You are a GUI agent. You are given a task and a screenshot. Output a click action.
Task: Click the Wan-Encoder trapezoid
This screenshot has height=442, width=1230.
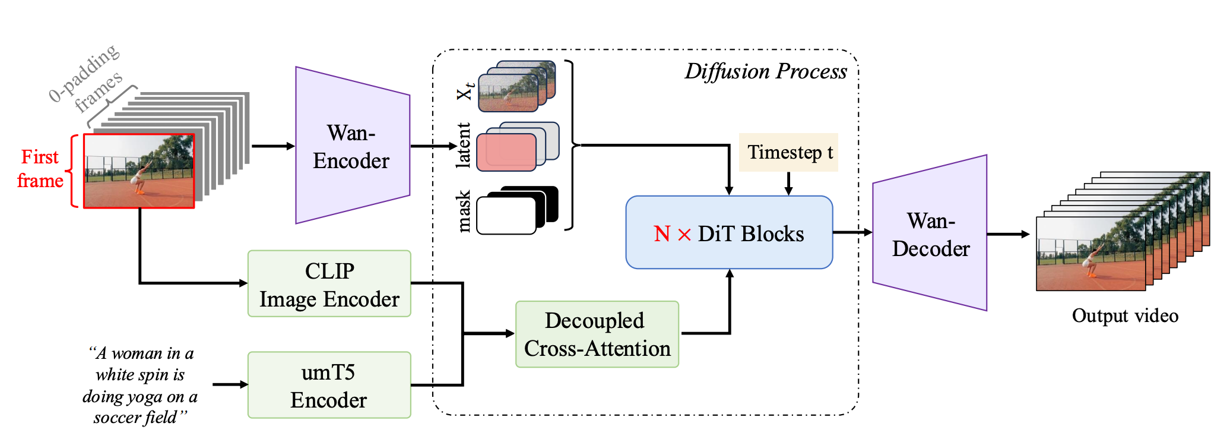pyautogui.click(x=353, y=146)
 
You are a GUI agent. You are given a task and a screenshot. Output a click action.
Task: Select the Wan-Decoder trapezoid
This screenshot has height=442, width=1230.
pyautogui.click(x=930, y=233)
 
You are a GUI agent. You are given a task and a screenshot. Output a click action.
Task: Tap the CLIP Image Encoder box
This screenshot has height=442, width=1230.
pyautogui.click(x=329, y=284)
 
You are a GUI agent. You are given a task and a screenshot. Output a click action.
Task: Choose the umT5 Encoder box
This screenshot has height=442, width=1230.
pyautogui.click(x=329, y=386)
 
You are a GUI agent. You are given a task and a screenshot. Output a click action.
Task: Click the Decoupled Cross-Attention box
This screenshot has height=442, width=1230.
pyautogui.click(x=597, y=334)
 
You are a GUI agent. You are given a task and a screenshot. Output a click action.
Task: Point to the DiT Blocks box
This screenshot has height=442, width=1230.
pyautogui.click(x=730, y=232)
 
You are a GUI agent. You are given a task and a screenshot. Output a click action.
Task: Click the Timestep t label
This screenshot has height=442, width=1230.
pyautogui.click(x=789, y=153)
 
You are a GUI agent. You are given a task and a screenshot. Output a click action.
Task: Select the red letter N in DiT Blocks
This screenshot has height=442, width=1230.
pyautogui.click(x=662, y=234)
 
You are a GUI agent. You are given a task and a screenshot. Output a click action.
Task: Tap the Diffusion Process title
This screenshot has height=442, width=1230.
pyautogui.click(x=766, y=72)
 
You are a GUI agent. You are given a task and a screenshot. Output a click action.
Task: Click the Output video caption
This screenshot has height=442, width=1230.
pyautogui.click(x=1125, y=315)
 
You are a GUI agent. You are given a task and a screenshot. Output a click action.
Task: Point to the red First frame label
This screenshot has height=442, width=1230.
pyautogui.click(x=40, y=169)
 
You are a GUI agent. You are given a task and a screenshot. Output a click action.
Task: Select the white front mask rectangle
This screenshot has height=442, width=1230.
pyautogui.click(x=506, y=215)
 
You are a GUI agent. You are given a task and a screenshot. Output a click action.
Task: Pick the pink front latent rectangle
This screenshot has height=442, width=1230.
pyautogui.click(x=506, y=152)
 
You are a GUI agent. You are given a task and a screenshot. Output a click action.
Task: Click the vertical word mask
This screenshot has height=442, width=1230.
pyautogui.click(x=464, y=211)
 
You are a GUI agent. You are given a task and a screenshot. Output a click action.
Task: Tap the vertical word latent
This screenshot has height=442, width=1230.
pyautogui.click(x=463, y=146)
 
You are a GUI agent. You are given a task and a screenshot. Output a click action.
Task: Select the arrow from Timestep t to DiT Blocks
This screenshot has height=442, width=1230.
pyautogui.click(x=788, y=184)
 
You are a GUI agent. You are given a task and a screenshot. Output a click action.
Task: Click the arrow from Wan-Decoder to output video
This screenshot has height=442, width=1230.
pyautogui.click(x=1009, y=234)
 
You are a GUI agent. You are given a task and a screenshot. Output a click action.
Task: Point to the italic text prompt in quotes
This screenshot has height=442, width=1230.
pyautogui.click(x=140, y=386)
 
